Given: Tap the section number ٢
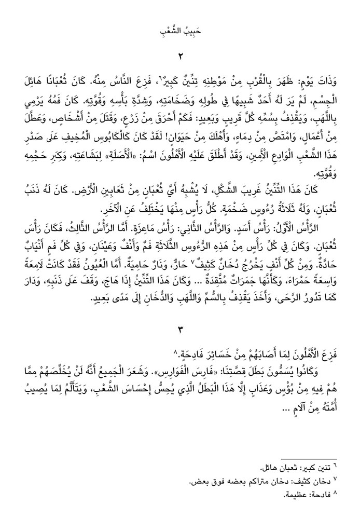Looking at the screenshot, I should [181, 57].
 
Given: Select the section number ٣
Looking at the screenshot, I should [181, 331].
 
